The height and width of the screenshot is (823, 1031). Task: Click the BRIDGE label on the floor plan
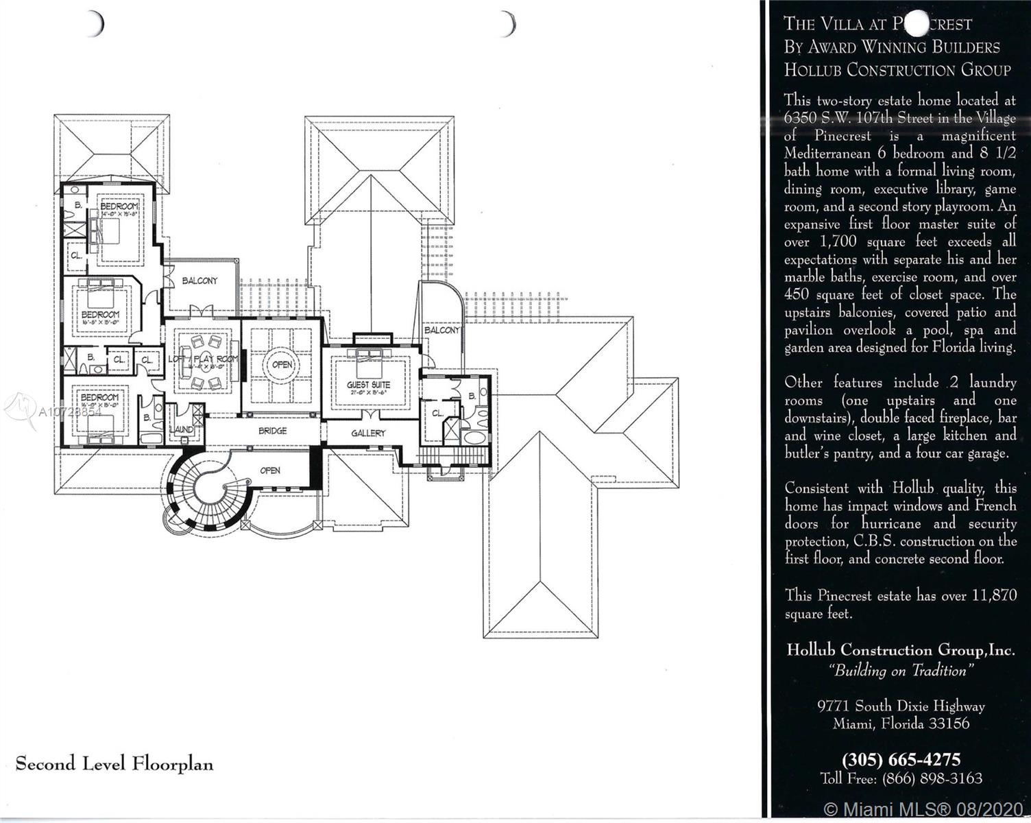272,431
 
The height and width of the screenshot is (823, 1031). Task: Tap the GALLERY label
368,433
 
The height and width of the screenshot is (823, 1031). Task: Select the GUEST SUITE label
368,385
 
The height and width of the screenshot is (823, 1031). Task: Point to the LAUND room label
181,429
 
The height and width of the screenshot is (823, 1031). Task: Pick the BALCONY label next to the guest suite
442,331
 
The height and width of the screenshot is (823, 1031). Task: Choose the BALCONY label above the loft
199,281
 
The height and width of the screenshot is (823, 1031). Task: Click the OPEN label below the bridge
270,470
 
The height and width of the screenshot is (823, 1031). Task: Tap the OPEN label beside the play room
282,365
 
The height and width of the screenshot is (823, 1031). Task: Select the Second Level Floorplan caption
114,764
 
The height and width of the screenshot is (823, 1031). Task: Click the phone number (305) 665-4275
901,760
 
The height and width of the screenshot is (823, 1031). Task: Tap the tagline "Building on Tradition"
900,671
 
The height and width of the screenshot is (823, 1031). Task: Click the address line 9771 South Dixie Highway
901,706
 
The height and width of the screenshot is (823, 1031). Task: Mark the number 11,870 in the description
993,596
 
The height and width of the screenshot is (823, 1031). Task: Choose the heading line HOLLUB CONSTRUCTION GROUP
897,70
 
